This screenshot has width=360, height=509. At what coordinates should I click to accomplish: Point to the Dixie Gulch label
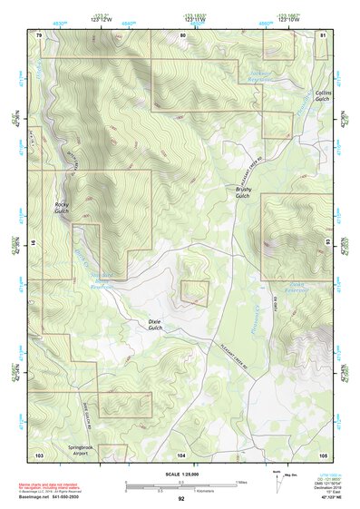160,325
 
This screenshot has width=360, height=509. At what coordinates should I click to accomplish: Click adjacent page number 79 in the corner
39,34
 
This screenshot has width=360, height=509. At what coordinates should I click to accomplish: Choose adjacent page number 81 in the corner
323,34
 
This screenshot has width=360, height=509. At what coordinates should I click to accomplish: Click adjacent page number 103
39,454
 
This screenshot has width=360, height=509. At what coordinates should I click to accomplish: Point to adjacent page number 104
181,454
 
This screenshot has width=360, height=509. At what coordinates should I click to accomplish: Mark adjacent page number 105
323,454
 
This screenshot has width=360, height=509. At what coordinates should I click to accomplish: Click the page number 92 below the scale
181,499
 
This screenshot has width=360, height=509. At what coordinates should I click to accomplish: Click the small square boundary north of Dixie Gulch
195,291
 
